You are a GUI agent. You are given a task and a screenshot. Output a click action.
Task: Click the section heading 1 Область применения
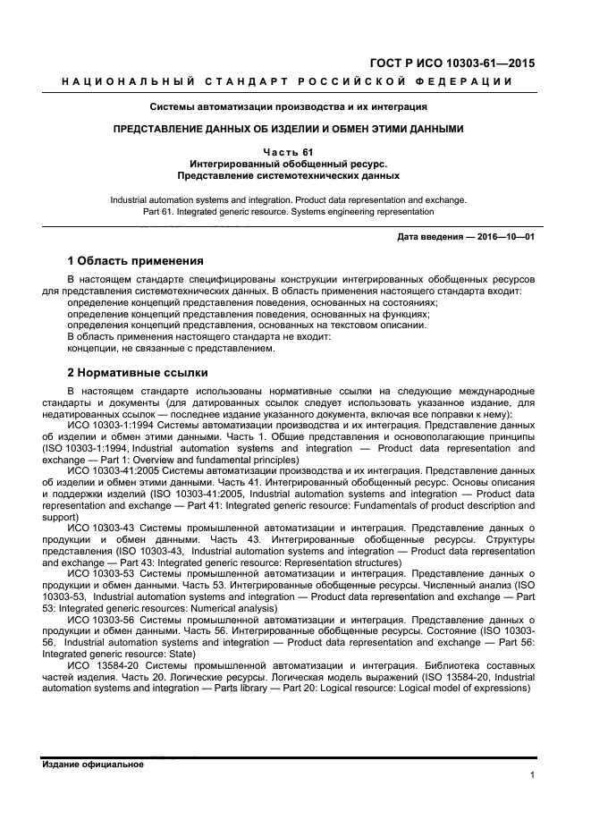135,261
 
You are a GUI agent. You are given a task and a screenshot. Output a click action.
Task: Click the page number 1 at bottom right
532,775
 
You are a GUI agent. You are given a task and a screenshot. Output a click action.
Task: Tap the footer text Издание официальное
93,765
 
